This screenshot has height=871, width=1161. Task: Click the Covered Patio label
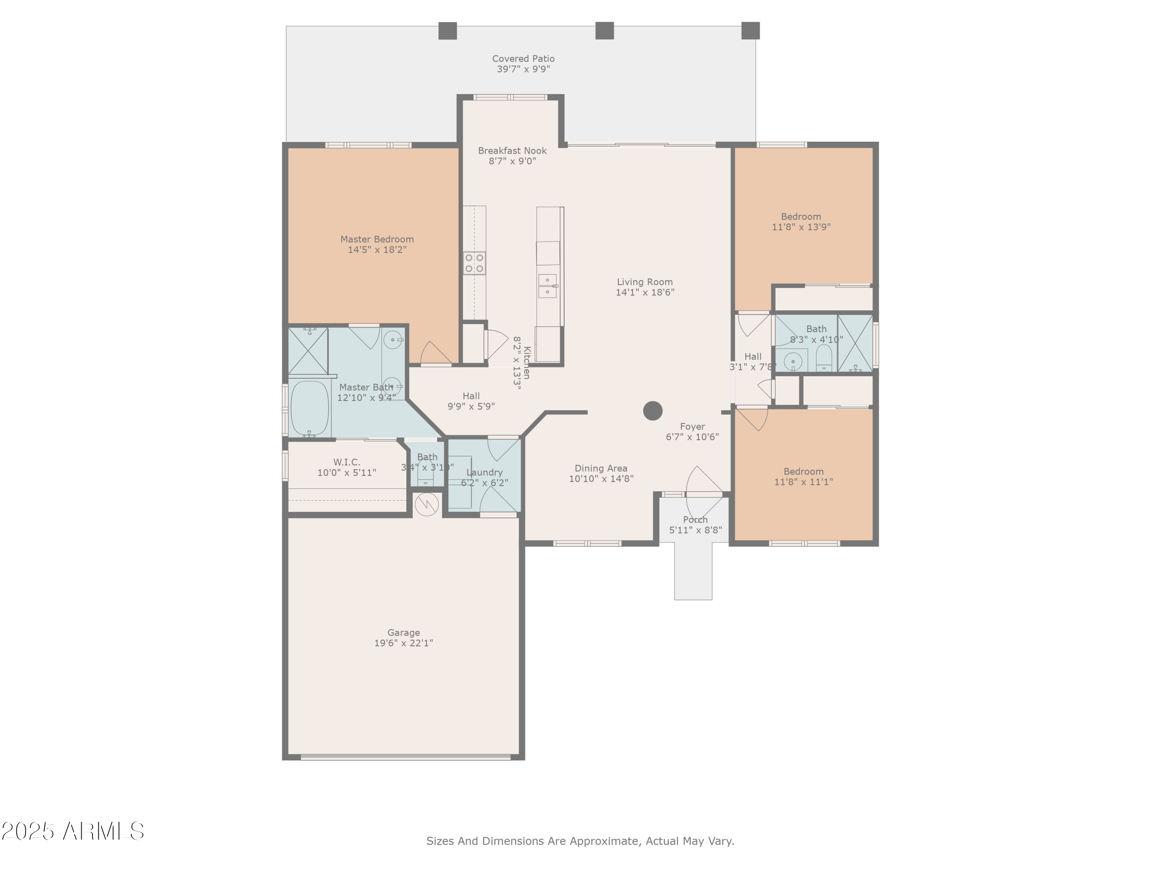[523, 59]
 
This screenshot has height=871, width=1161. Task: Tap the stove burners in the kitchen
[474, 263]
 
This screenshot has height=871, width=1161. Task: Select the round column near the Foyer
[652, 411]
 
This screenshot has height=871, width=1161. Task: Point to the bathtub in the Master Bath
[309, 408]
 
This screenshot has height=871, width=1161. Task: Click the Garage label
[403, 633]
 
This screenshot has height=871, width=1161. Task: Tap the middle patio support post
[604, 31]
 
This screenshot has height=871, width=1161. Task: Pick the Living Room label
[644, 282]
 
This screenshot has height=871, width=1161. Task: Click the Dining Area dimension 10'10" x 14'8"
[601, 479]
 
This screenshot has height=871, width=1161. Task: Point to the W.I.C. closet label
[346, 462]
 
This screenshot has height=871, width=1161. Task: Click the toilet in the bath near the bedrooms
[824, 358]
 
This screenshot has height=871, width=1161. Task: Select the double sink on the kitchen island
[547, 286]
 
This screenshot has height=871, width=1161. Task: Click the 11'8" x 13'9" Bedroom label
[801, 216]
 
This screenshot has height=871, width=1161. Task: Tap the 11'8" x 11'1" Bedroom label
[803, 472]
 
